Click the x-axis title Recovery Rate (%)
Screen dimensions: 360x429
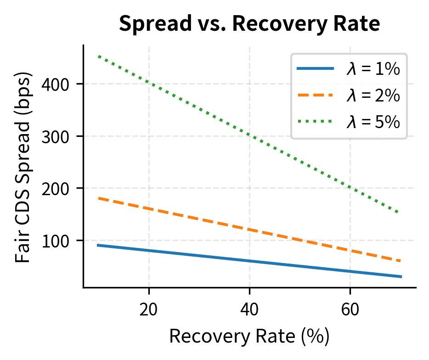[x=249, y=337]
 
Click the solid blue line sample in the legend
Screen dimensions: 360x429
[x=315, y=69]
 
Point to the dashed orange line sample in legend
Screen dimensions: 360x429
[x=315, y=96]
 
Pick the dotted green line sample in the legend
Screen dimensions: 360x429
[x=315, y=122]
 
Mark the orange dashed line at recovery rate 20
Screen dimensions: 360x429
[x=148, y=209]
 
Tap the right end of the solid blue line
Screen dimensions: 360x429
[x=401, y=276]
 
